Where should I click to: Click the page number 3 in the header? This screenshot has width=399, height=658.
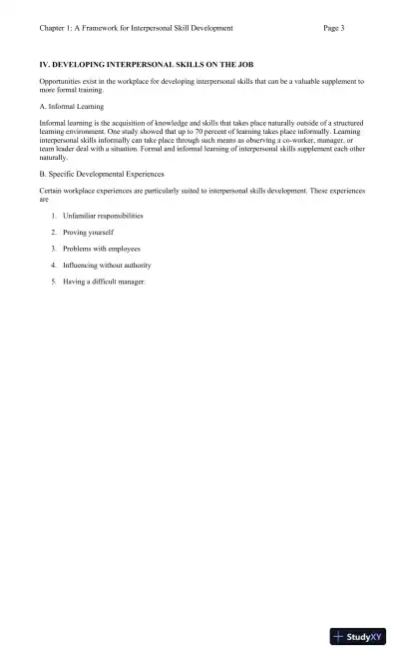point(342,28)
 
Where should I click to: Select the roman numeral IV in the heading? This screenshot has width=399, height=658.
point(45,64)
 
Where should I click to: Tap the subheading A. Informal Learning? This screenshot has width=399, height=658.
point(71,106)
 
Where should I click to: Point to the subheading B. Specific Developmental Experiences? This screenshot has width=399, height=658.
point(101,174)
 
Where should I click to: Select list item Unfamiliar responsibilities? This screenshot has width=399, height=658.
point(103,216)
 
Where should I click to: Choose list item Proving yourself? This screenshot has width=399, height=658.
point(88,232)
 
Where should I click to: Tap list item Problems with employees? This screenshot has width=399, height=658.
point(102,249)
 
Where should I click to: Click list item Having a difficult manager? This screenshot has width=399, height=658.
point(104,282)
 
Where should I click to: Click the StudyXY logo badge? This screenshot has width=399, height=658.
point(357,636)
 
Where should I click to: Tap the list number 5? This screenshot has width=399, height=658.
point(54,282)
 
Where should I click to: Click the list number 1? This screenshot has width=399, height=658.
point(54,216)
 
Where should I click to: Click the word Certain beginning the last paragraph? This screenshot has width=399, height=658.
point(52,189)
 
